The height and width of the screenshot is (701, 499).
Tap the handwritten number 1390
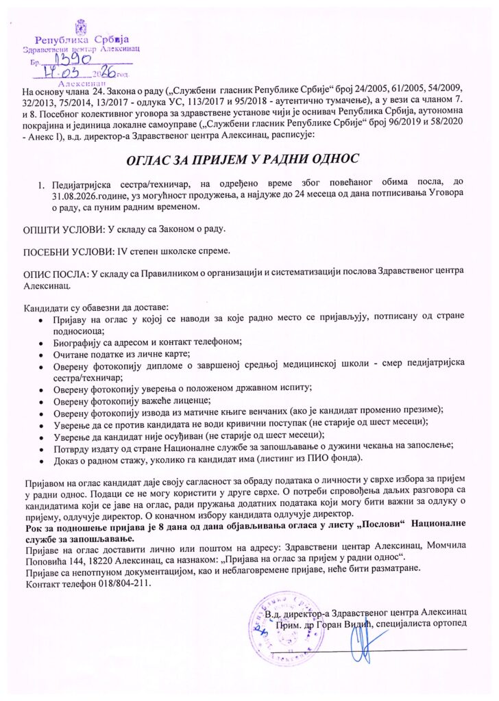point(64,61)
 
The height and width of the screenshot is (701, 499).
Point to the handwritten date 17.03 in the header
point(61,71)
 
